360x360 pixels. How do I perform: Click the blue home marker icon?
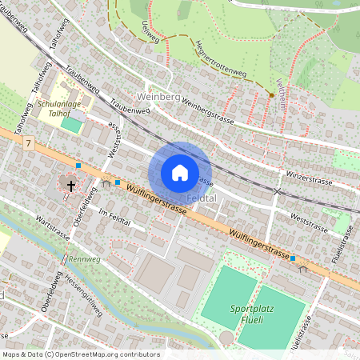click(179, 173)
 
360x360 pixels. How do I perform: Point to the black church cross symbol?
click(71, 186)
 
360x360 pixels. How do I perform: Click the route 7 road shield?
click(29, 143)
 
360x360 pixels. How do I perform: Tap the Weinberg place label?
click(157, 97)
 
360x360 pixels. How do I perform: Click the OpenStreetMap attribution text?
click(81, 354)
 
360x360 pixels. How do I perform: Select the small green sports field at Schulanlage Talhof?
click(71, 126)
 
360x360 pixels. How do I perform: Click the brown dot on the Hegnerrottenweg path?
click(271, 96)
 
